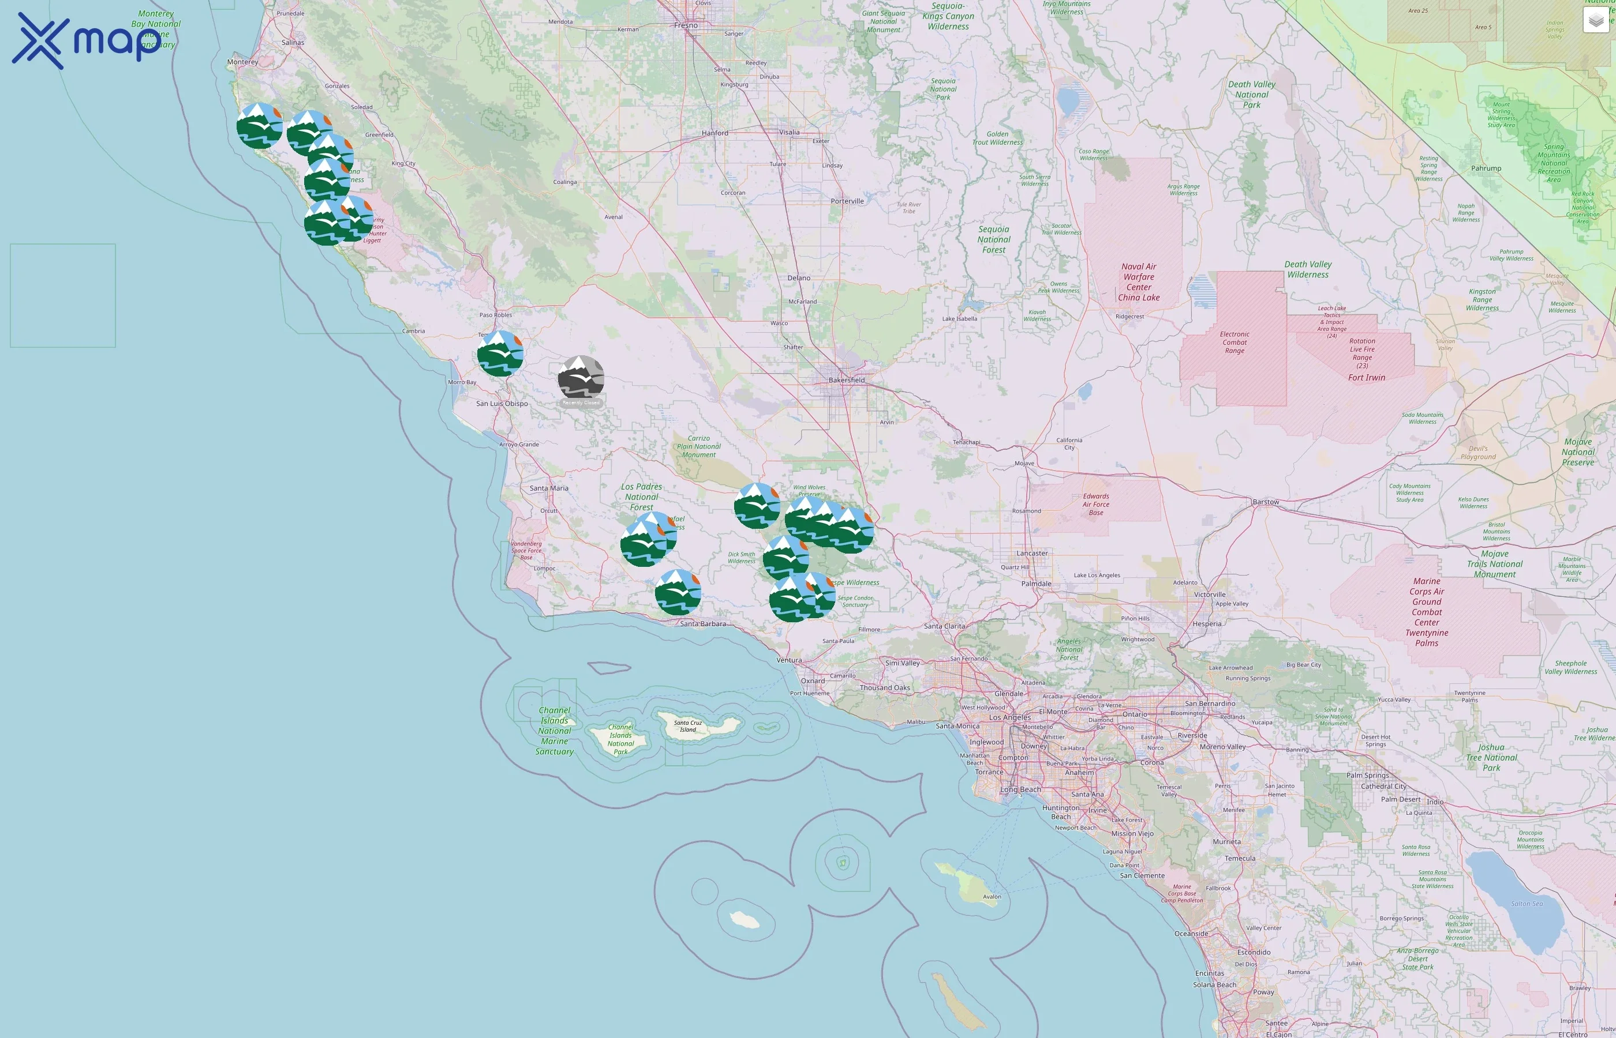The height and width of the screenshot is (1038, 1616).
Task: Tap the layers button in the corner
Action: point(1595,20)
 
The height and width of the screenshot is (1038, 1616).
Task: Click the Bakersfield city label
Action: point(847,380)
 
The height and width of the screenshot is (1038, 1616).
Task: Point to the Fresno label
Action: point(686,25)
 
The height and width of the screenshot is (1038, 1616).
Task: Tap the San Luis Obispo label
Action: point(502,404)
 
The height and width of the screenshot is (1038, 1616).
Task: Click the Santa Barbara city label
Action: point(703,624)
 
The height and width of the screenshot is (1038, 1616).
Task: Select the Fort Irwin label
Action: point(1367,378)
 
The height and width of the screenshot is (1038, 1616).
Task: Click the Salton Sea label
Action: point(1527,904)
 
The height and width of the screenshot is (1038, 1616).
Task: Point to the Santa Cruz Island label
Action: point(688,726)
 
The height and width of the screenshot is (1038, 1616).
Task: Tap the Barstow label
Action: point(1265,502)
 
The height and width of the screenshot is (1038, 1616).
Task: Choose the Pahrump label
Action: point(1486,168)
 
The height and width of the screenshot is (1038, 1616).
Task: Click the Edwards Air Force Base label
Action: point(1096,504)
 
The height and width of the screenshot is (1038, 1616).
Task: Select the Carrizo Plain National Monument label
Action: point(699,446)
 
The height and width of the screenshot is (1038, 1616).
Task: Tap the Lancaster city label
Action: point(1032,554)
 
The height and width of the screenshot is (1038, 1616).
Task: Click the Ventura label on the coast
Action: point(789,660)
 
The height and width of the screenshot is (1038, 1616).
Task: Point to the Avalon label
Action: point(992,897)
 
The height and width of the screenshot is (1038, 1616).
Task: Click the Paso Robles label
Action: point(495,315)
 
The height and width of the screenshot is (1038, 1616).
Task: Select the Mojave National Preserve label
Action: point(1577,452)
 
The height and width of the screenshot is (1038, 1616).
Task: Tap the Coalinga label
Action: point(564,182)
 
